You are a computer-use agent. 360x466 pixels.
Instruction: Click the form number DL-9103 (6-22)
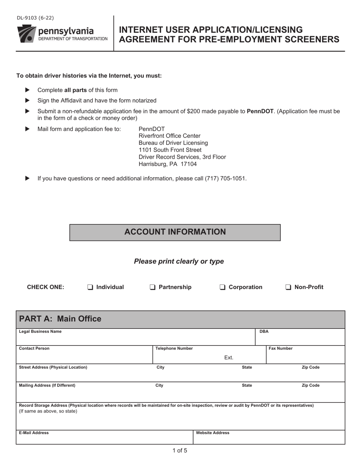point(35,18)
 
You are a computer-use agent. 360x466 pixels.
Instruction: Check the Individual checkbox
point(90,287)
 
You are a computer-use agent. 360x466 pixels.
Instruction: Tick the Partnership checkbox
point(152,287)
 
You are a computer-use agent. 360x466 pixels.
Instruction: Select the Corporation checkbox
point(222,287)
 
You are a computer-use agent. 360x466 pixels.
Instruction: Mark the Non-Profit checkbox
point(288,287)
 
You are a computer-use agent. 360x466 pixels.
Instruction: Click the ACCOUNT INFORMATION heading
point(175,232)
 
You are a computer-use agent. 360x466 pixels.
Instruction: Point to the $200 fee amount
point(194,111)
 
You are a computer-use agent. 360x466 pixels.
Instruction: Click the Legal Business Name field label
point(40,332)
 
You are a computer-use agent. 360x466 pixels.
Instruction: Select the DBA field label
point(264,332)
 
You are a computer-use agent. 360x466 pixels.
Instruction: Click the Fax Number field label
point(280,349)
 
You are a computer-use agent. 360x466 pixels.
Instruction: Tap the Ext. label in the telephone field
point(229,358)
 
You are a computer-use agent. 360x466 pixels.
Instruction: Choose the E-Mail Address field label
point(34,433)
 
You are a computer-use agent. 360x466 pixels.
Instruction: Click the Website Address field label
point(212,433)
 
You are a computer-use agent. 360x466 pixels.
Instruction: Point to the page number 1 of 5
point(180,450)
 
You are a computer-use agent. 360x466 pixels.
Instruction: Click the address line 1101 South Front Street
point(170,150)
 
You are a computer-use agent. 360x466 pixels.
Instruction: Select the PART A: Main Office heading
point(60,319)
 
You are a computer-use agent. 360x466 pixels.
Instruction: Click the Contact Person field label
point(34,349)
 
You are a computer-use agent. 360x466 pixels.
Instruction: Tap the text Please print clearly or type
point(179,261)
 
